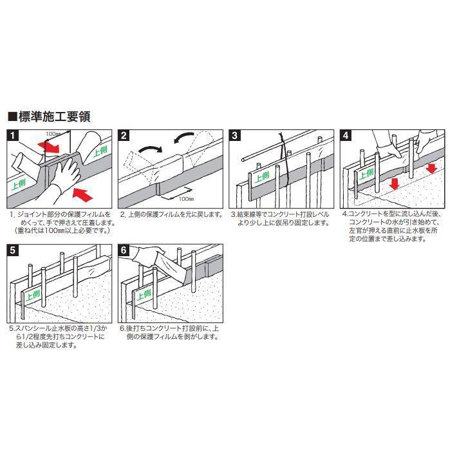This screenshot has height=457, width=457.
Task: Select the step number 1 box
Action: tap(12, 136)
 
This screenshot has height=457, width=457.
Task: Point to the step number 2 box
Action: tap(124, 136)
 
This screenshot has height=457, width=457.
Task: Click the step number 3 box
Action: tap(236, 136)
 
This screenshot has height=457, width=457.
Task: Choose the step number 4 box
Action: tap(347, 136)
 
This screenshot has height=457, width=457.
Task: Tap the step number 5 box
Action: tap(12, 249)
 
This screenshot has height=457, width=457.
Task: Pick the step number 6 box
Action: tap(124, 249)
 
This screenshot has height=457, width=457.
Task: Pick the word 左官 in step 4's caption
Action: tap(355, 230)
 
